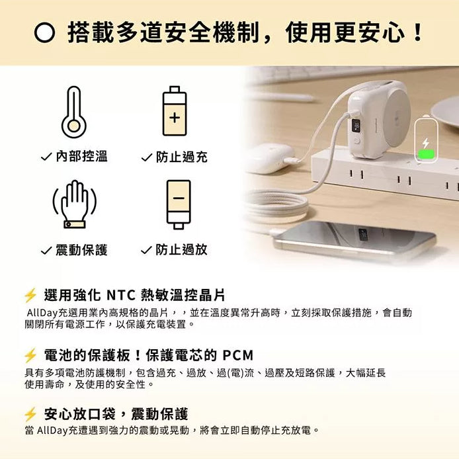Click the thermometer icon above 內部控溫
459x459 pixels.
click(73, 112)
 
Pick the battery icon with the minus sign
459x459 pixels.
click(179, 204)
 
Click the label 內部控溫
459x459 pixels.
click(81, 157)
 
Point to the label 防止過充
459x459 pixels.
click(181, 157)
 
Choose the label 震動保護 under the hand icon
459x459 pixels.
click(81, 249)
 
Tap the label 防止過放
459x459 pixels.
click(181, 249)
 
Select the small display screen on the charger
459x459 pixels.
click(356, 124)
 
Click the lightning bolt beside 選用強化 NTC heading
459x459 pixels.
click(30, 295)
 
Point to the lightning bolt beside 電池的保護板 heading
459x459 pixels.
click(30, 355)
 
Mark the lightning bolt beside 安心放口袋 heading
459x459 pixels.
click(30, 415)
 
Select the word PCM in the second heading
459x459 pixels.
click(237, 355)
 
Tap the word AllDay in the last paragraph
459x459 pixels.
click(52, 431)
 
